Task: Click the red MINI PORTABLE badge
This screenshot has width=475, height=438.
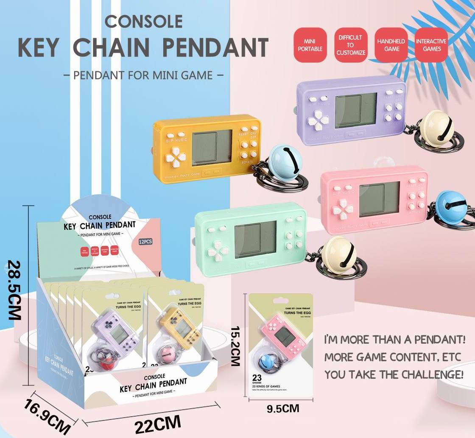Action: pos(310,45)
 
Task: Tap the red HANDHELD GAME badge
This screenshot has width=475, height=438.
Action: pos(391,45)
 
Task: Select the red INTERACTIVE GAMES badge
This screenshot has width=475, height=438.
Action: pos(431,45)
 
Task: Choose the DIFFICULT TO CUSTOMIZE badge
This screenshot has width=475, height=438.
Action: pos(350,45)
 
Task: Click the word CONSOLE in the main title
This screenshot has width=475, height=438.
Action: pos(143,21)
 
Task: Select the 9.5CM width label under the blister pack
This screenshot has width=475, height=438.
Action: pos(283,409)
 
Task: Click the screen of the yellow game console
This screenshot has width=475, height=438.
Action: pos(212,148)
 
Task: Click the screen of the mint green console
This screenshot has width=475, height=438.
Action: pos(255,239)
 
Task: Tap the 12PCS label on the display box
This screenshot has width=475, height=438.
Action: pos(145,242)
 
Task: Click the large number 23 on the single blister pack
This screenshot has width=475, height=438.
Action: pos(257,377)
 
